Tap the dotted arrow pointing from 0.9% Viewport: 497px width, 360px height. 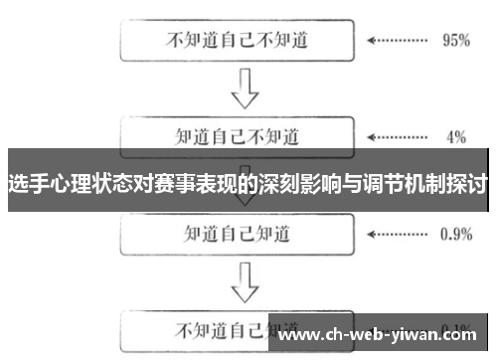pyautogui.click(x=397, y=235)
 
